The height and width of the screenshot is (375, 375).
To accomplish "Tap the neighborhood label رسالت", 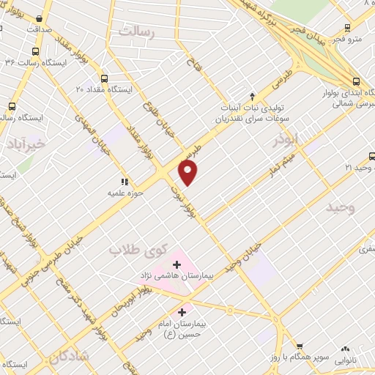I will (x=139, y=31).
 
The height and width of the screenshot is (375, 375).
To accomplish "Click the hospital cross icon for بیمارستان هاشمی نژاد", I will (x=177, y=264).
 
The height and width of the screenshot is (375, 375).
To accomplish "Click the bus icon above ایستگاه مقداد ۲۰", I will (x=104, y=78).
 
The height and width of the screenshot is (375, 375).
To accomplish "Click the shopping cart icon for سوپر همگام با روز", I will (x=299, y=346).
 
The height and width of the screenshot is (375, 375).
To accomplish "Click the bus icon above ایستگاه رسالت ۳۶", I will (x=35, y=51).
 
